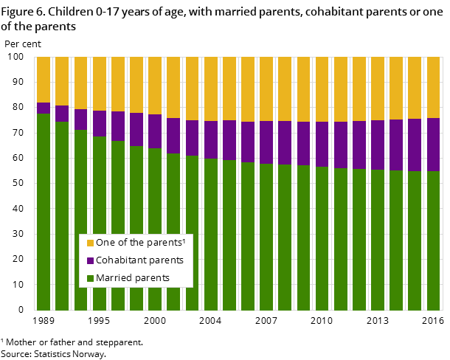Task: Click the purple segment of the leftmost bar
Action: [x=44, y=108]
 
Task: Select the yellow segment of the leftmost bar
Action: [x=44, y=80]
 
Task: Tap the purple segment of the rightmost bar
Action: [x=433, y=145]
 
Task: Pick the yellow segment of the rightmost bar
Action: [x=433, y=87]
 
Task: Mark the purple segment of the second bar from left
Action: [x=62, y=114]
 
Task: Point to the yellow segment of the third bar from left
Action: [x=80, y=83]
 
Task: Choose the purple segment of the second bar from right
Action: [x=415, y=145]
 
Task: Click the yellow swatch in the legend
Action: [x=90, y=243]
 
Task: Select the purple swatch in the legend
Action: [x=90, y=260]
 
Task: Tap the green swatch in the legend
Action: [x=90, y=278]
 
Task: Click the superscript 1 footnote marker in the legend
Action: [x=183, y=240]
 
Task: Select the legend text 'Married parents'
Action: [x=133, y=278]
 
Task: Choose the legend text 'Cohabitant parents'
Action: [x=139, y=260]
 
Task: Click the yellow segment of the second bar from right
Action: [x=415, y=87]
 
